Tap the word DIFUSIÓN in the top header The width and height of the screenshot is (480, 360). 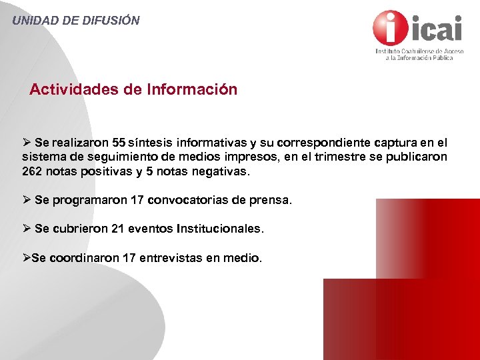(111, 20)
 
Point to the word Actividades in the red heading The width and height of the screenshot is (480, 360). (75, 89)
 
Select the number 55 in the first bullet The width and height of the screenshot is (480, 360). (119, 143)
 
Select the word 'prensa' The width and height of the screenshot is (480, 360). (272, 200)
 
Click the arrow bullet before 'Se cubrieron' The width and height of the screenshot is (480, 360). (27, 229)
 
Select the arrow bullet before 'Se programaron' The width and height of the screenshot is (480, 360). (27, 200)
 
